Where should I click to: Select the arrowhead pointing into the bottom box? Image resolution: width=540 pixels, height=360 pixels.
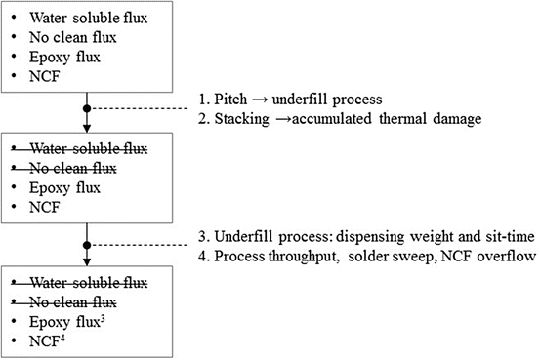point(88,261)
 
